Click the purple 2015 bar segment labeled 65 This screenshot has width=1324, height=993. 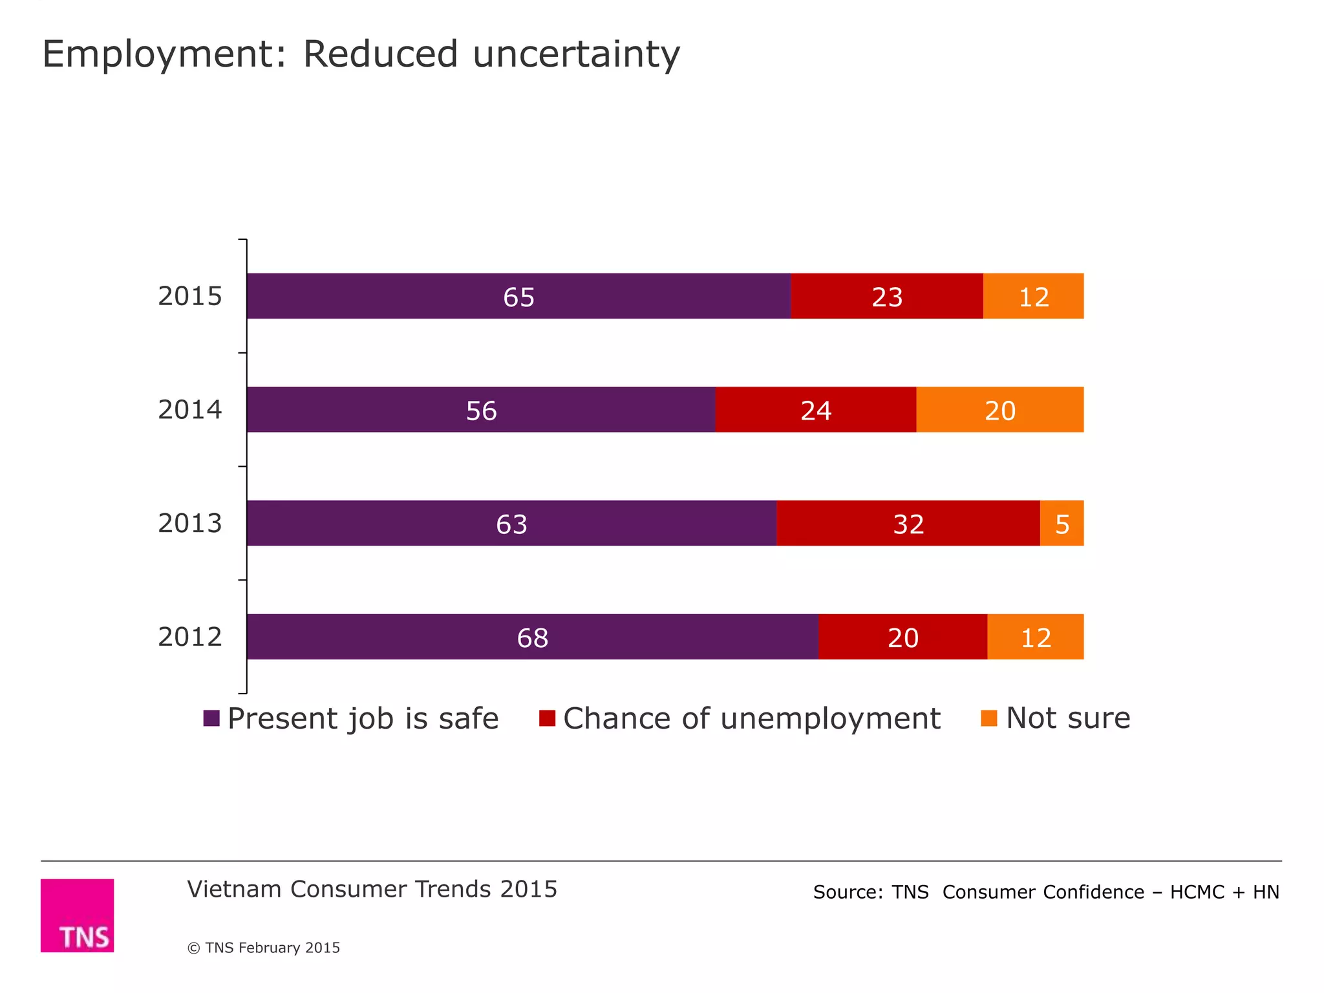point(518,296)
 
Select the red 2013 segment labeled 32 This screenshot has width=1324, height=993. point(908,523)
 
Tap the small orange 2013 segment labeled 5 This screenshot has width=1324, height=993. point(1062,523)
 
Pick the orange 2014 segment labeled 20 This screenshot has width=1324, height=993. point(999,410)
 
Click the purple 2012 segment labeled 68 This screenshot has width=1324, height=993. point(532,637)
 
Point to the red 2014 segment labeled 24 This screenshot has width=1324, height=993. point(815,410)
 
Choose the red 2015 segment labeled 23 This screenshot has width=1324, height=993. point(886,296)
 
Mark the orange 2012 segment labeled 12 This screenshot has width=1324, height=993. point(1035,637)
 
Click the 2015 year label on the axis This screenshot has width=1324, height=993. point(189,296)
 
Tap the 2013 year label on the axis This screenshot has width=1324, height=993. point(189,523)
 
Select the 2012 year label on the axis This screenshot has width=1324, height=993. point(189,637)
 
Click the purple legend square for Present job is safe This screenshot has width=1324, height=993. point(211,718)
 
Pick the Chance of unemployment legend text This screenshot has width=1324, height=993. point(751,718)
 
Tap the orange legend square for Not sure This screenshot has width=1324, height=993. point(988,718)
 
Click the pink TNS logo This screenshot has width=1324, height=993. point(77,915)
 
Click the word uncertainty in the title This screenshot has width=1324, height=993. point(576,54)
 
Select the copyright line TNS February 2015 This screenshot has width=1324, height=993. point(264,948)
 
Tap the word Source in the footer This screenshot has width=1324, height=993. point(848,892)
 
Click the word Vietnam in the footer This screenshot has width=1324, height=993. point(235,890)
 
